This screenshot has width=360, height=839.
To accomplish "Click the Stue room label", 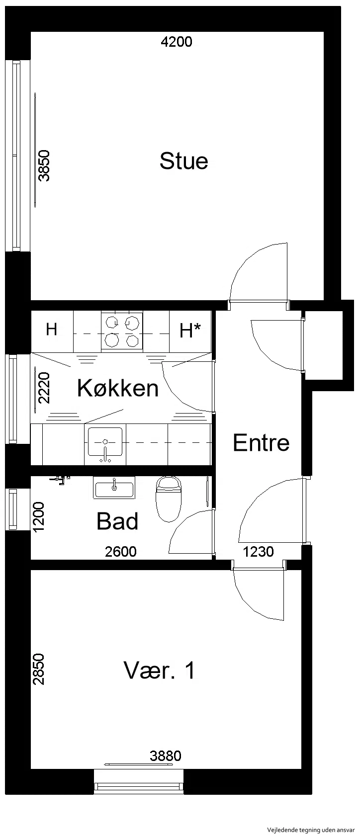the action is pos(183,161).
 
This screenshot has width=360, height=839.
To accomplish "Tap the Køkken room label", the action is pos(118,388).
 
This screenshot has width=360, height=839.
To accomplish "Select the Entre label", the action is pos(261,443).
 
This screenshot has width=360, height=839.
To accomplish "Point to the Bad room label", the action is pos(117,521).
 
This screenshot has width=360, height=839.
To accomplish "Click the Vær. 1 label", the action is pos(160,670).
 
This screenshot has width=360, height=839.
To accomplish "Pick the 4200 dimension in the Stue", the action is pos(177,42).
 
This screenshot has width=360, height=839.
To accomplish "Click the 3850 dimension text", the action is pos(45,166).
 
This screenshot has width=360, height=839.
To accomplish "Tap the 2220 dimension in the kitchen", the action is pos(44,387).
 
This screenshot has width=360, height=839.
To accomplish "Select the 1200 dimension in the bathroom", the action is pos(39,517).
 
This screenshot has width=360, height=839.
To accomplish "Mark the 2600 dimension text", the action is pos(121,552).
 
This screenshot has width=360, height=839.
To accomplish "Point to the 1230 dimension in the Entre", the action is pos(259,552).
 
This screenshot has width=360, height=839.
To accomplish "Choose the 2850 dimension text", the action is pos(39,670).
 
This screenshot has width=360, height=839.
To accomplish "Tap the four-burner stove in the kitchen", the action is pos(122,332).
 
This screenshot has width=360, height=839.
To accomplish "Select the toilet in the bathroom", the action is pos(169,499).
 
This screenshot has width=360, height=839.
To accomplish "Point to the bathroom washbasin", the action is pos(114,488).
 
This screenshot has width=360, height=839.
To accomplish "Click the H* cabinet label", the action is pos(190,331).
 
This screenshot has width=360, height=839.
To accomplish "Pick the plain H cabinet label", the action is pos(51,329).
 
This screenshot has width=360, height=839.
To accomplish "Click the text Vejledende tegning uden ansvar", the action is pos(311,831).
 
